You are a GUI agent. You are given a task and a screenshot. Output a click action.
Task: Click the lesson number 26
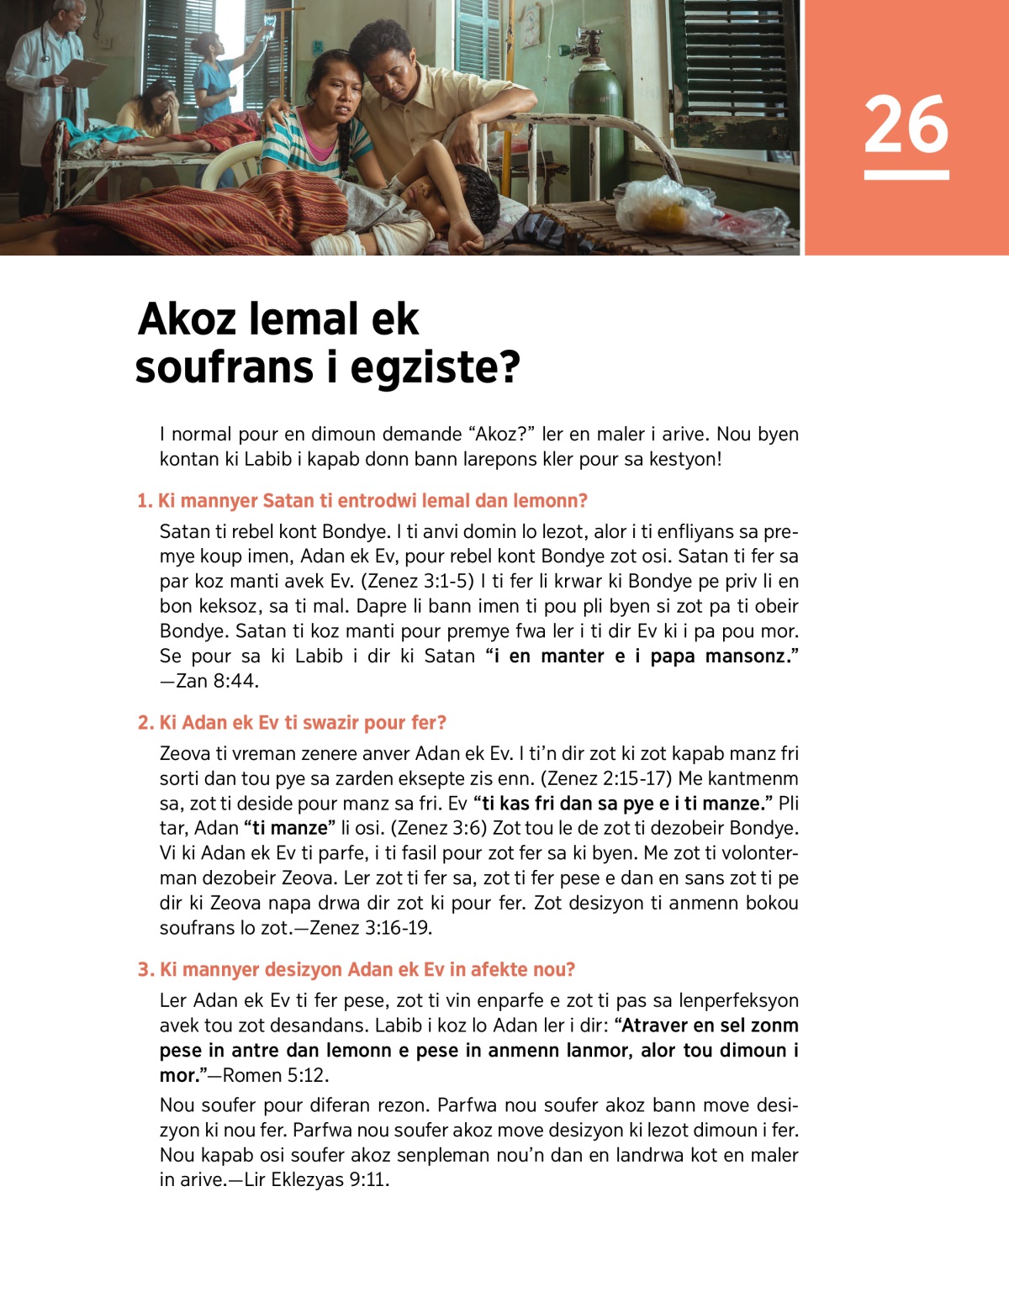tap(906, 125)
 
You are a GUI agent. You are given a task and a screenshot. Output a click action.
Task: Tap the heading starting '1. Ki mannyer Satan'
tap(362, 501)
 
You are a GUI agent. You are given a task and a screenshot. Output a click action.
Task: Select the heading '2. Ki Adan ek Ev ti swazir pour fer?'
tap(291, 723)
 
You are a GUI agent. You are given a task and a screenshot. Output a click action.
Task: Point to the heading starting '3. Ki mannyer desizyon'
tap(356, 970)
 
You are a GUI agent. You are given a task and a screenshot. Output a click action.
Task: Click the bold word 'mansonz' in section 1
tap(750, 656)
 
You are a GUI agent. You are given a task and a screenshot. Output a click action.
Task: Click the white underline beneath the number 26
tap(906, 175)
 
